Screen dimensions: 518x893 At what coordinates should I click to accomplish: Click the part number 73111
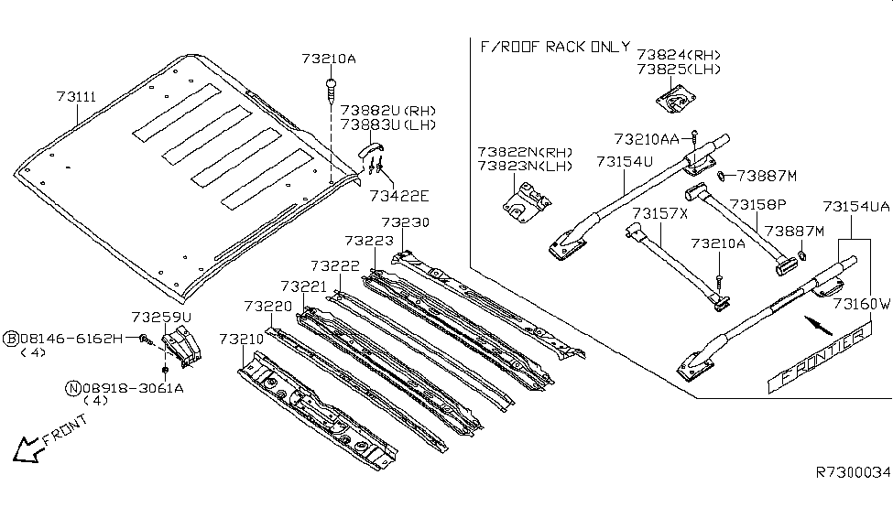tap(78, 95)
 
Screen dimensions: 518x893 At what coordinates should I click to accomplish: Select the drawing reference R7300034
tap(852, 472)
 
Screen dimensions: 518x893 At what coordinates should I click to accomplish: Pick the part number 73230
tap(405, 222)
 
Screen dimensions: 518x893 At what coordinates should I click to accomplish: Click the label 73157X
tap(657, 213)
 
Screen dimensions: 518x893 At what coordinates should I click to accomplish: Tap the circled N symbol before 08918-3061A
tap(72, 387)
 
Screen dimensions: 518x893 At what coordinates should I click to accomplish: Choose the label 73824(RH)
tap(680, 54)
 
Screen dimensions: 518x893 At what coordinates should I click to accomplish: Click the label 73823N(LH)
tap(524, 167)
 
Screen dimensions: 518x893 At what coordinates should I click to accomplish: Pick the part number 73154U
tap(623, 161)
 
